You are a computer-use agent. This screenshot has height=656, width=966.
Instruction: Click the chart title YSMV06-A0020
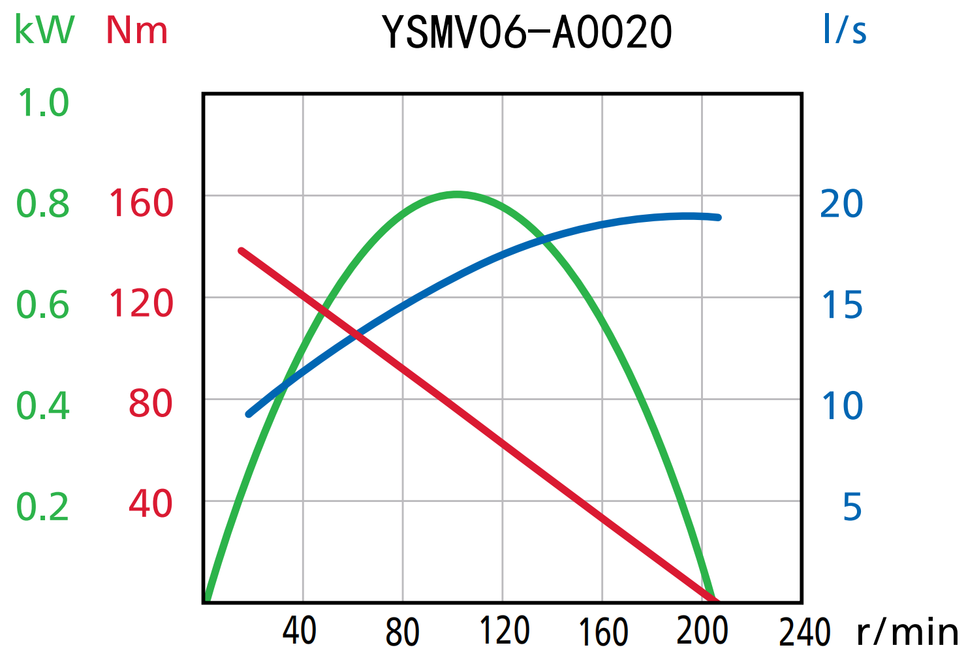(x=527, y=33)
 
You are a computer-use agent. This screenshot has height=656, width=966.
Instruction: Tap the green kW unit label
(x=44, y=30)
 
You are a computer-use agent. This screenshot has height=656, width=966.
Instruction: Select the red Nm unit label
(x=137, y=30)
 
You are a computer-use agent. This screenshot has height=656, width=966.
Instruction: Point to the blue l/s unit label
(x=844, y=30)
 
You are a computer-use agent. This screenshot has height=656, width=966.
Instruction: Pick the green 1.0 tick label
(x=43, y=103)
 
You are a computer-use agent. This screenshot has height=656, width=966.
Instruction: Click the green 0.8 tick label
(x=43, y=204)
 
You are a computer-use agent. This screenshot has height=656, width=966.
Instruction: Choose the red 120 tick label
(x=141, y=304)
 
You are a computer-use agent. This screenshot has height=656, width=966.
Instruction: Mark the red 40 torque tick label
(x=150, y=504)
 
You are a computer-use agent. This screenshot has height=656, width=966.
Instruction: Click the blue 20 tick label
(x=841, y=204)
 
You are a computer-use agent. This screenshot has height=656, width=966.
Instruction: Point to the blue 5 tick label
(x=852, y=507)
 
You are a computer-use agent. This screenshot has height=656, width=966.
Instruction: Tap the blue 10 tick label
(x=842, y=405)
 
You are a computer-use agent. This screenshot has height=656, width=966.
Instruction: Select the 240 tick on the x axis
(x=804, y=632)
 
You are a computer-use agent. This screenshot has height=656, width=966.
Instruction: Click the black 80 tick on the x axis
(x=402, y=632)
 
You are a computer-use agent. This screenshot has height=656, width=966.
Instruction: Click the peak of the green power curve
(x=457, y=194)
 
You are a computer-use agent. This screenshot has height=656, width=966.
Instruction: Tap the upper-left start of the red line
(x=241, y=251)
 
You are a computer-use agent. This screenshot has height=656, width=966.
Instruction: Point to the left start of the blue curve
(x=249, y=414)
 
